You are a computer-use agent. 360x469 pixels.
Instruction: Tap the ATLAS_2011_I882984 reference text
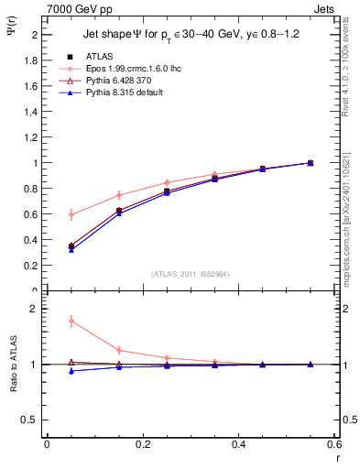point(190,273)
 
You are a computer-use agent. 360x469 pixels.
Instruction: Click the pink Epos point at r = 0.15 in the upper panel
point(119,195)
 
